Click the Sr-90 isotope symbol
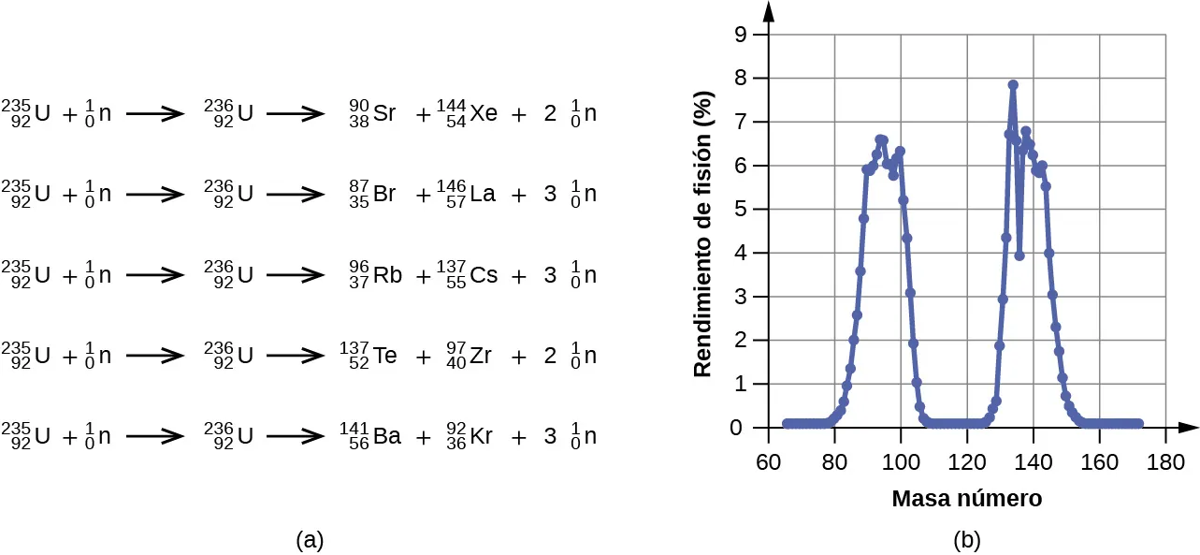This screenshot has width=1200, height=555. point(372,114)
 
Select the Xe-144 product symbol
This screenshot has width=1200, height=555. point(467,114)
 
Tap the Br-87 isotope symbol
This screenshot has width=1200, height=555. point(372,195)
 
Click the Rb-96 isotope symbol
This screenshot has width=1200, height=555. point(372,276)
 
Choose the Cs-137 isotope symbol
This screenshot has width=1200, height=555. point(467,276)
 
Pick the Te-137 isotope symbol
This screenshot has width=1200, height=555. point(369,357)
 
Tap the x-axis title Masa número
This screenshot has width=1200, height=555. point(966,499)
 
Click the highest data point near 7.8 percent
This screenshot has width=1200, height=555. point(1012,85)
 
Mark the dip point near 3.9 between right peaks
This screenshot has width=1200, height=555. point(1019,256)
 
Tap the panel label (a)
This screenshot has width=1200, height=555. point(310,539)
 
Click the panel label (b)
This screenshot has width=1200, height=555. point(966,539)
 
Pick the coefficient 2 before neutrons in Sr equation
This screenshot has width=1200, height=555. point(550,114)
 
